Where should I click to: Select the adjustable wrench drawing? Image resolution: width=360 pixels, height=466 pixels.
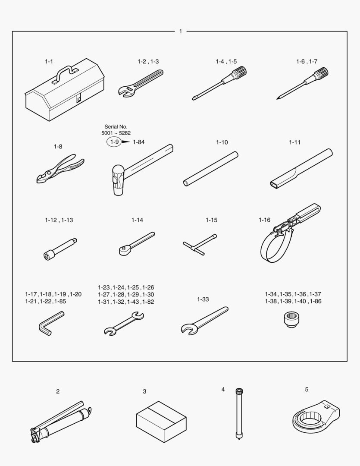click(141, 83)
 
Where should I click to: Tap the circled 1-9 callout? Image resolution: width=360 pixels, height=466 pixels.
click(114, 142)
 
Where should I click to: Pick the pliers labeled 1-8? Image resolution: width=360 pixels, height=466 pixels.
click(60, 169)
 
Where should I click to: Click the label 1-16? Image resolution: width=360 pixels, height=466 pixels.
click(264, 220)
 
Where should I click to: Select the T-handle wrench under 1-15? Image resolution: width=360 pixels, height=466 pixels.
click(200, 245)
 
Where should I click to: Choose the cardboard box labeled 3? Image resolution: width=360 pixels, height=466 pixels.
click(161, 422)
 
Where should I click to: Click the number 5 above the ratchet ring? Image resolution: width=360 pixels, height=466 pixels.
click(307, 389)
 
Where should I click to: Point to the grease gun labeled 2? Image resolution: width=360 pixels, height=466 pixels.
click(61, 422)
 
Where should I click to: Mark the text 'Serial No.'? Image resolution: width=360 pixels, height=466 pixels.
click(116, 126)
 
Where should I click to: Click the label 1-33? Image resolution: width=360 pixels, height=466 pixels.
click(203, 299)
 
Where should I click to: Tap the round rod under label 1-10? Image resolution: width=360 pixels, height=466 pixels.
click(210, 169)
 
